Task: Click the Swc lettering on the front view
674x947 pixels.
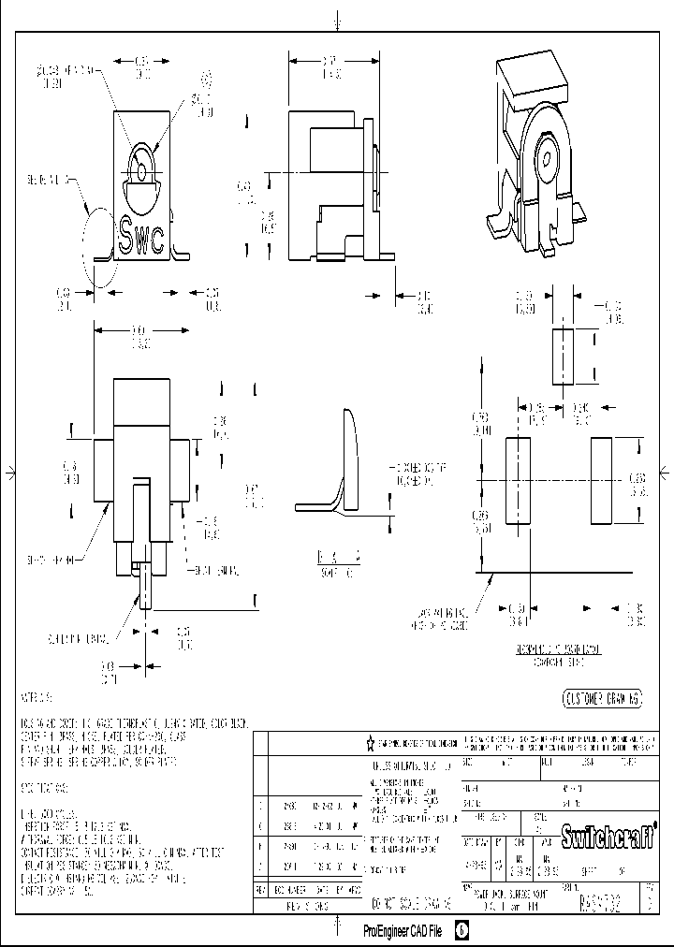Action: click(142, 234)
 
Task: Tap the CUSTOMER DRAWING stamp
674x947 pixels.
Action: click(601, 698)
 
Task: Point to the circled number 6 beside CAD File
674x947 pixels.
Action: click(462, 932)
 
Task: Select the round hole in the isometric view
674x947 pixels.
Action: click(545, 151)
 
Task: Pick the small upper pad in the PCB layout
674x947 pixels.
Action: click(562, 355)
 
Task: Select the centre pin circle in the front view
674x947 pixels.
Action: click(139, 171)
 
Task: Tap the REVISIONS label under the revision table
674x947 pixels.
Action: click(306, 907)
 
